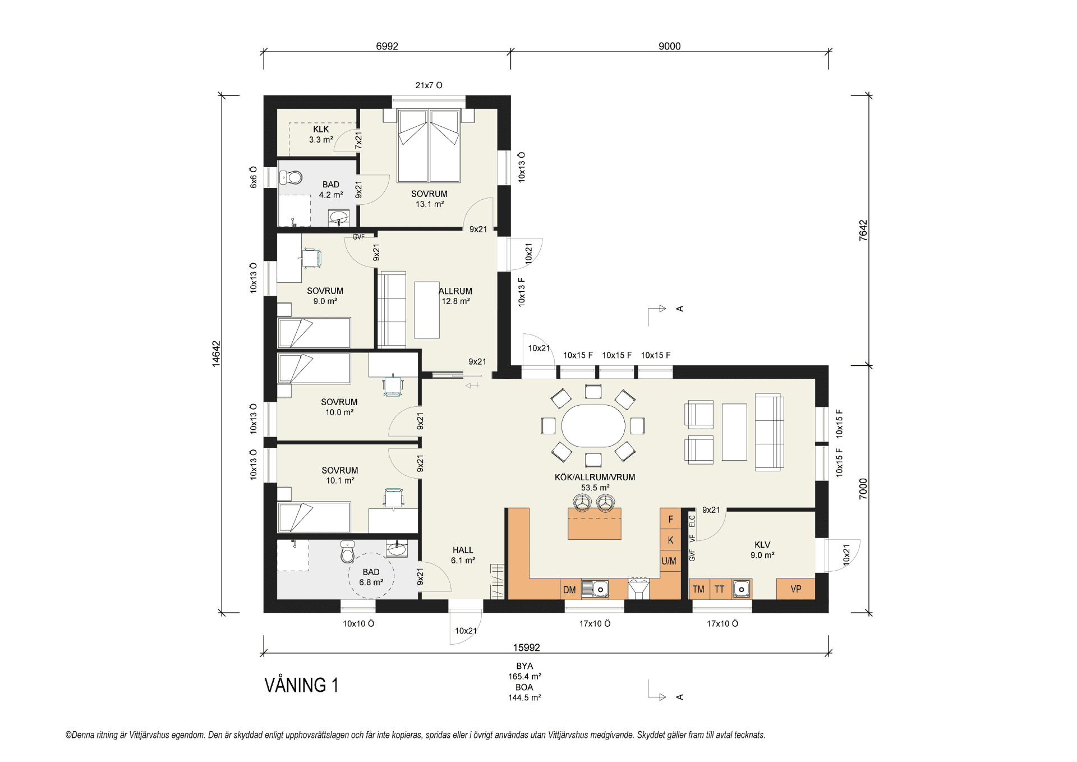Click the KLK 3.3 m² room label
tap(321, 134)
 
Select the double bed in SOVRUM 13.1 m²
tap(429, 145)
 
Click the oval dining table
tap(593, 426)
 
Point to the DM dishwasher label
tap(569, 590)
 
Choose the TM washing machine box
tap(699, 589)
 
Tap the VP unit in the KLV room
tap(795, 589)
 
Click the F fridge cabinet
tap(670, 519)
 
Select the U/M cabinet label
tap(669, 561)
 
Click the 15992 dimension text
tap(526, 648)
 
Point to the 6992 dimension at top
tap(387, 46)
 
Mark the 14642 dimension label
tap(216, 354)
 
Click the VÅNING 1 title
tap(301, 685)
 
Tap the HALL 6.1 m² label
tap(463, 555)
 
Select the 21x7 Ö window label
tap(429, 85)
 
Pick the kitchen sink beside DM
tap(595, 589)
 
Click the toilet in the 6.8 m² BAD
tap(348, 552)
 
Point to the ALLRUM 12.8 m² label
tap(455, 296)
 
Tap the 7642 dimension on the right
tap(863, 230)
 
